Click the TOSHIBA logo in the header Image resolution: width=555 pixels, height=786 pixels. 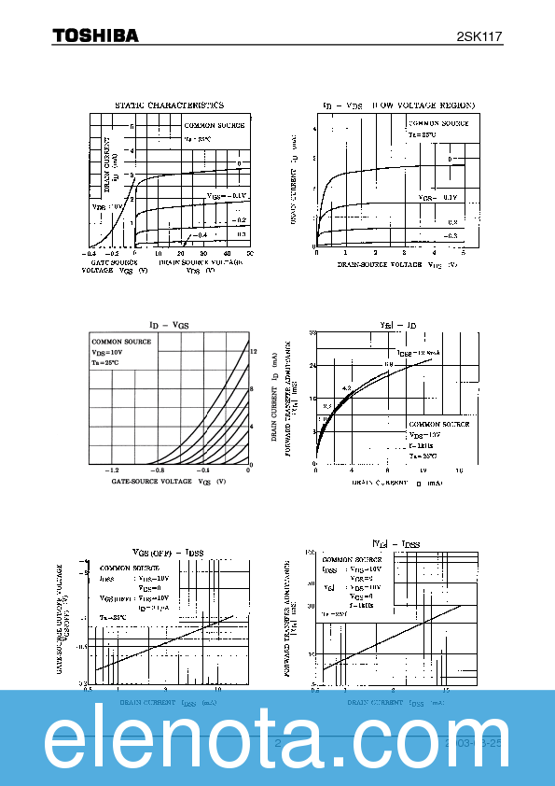[94, 35]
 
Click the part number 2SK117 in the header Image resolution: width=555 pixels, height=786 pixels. [479, 36]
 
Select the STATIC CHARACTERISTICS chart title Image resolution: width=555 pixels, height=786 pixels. [169, 105]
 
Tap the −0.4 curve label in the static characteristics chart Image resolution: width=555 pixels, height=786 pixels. [200, 234]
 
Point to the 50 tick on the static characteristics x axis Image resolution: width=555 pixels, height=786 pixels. [250, 253]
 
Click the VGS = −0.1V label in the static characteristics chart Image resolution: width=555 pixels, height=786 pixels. [227, 195]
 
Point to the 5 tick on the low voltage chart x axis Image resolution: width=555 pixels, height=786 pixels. [463, 253]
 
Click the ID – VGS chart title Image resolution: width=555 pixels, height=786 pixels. [169, 324]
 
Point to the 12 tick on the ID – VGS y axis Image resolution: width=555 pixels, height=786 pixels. [252, 350]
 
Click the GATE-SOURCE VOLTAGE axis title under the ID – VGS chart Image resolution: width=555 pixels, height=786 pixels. [154, 482]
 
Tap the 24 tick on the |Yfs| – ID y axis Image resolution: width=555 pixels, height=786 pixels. [313, 366]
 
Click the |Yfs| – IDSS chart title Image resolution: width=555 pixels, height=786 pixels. [396, 543]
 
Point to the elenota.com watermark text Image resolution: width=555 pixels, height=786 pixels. [277, 738]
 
